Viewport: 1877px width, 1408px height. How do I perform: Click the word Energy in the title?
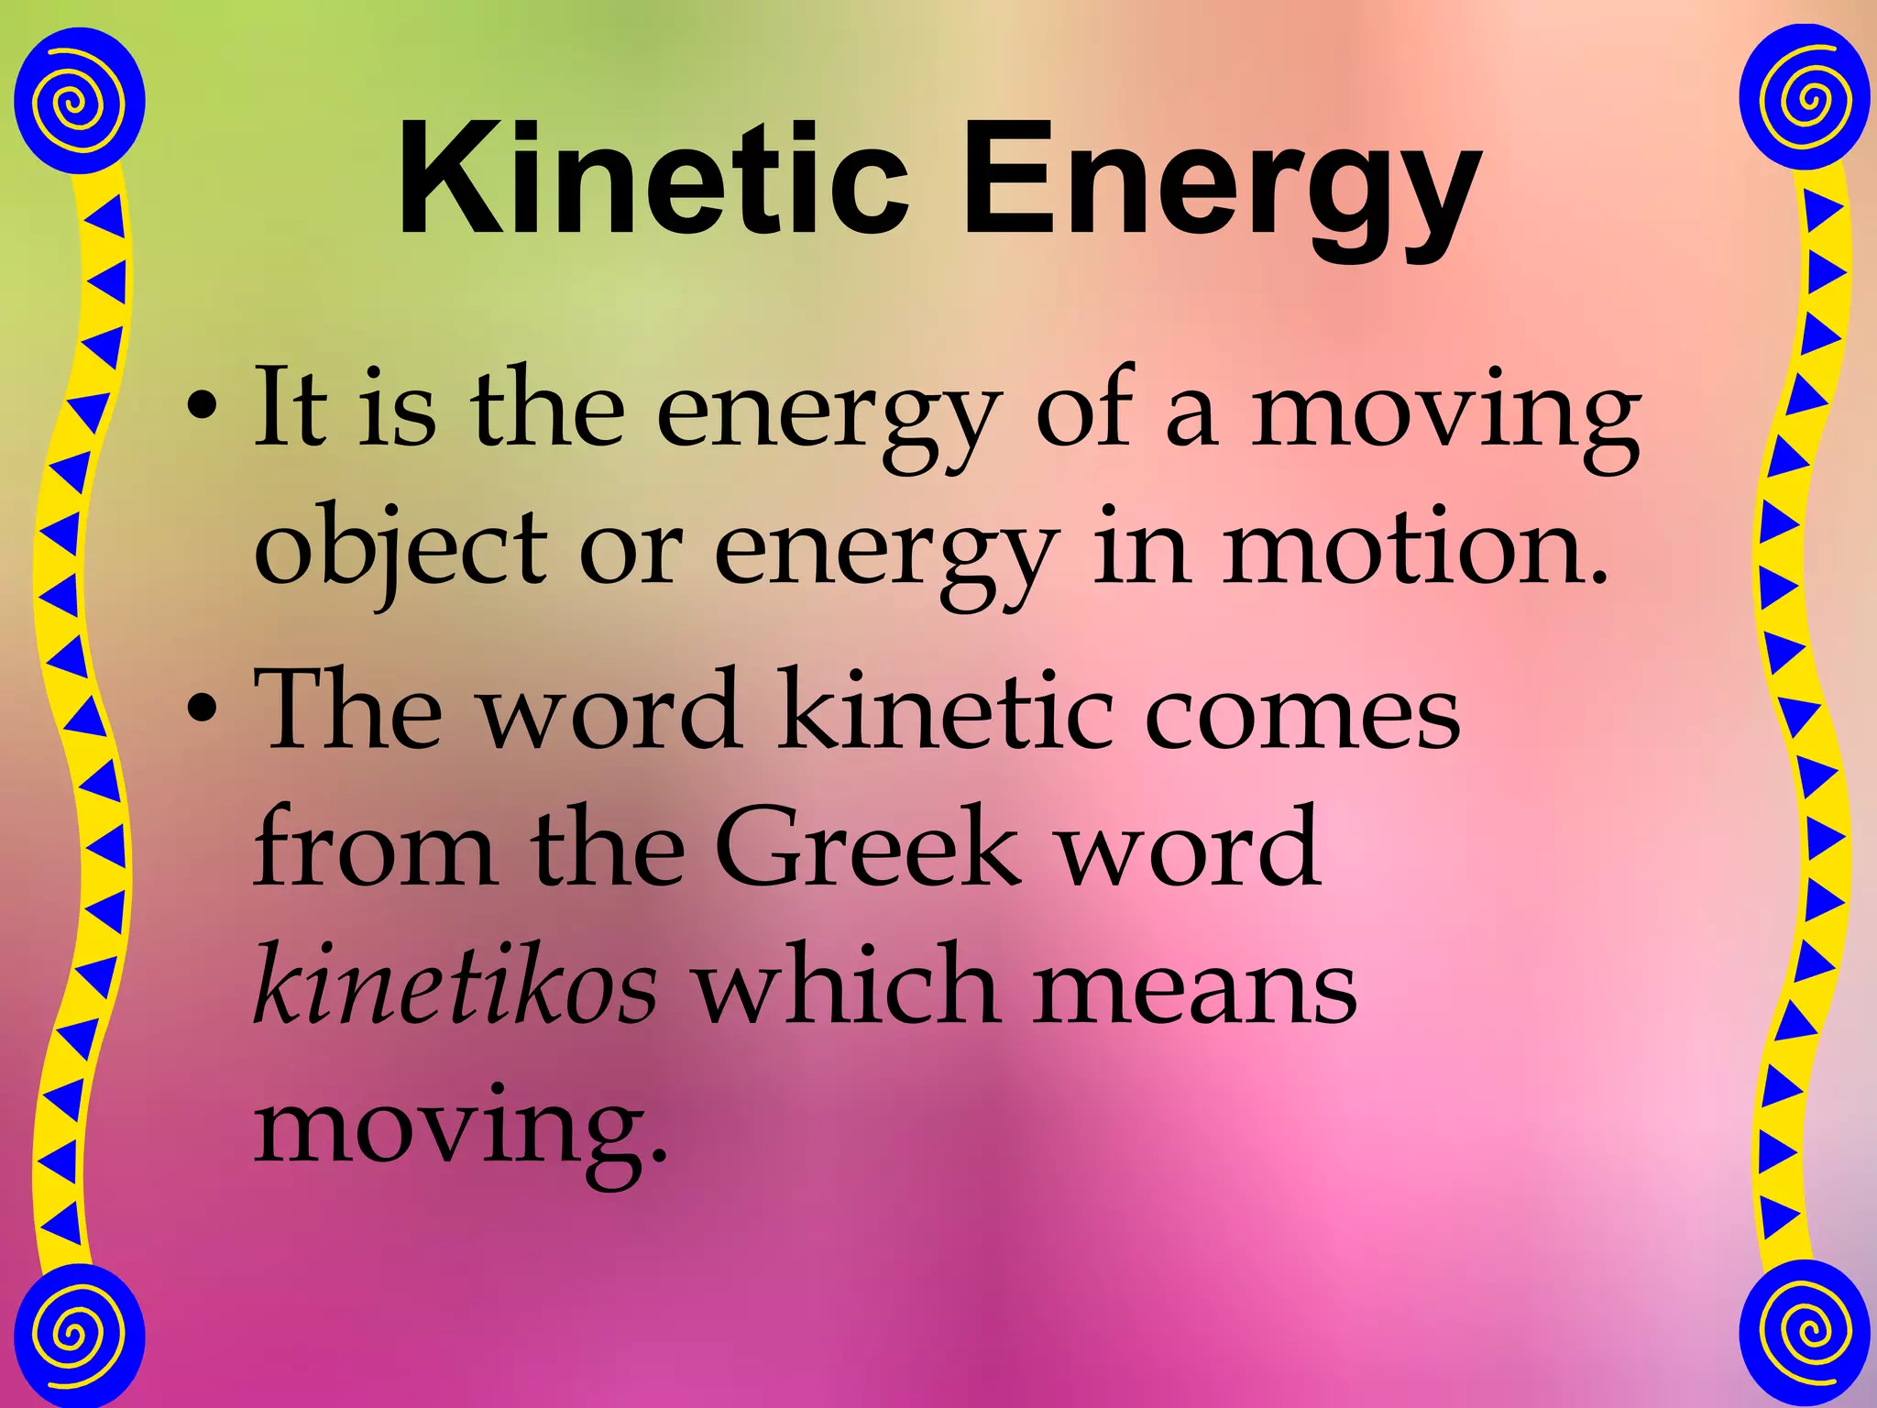pyautogui.click(x=1220, y=188)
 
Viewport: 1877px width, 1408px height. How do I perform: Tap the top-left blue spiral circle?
pyautogui.click(x=81, y=100)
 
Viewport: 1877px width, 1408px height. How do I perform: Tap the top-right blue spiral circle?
pyautogui.click(x=1803, y=98)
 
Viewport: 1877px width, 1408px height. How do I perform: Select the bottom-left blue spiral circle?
pyautogui.click(x=81, y=1334)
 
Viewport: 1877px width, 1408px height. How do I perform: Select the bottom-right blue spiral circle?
pyautogui.click(x=1803, y=1331)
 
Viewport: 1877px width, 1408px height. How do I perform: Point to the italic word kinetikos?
pyautogui.click(x=456, y=984)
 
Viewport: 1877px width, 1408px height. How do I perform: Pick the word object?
pyautogui.click(x=400, y=547)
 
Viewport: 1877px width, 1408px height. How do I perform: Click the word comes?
pyautogui.click(x=1301, y=710)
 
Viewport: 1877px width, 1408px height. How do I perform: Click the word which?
pyautogui.click(x=844, y=984)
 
